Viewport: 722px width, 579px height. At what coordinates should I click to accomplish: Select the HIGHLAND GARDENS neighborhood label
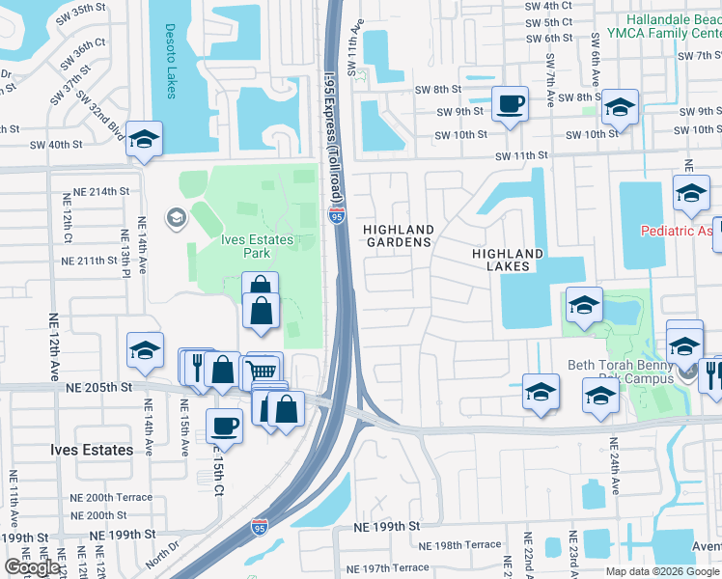397,235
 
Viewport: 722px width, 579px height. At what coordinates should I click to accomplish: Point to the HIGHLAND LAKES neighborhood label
507,260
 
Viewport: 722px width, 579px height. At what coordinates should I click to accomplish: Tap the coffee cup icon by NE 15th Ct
225,426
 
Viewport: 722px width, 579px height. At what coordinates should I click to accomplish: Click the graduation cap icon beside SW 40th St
144,140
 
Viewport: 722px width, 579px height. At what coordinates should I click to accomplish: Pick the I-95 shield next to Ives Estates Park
336,217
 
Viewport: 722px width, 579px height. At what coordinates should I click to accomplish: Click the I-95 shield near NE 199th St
259,526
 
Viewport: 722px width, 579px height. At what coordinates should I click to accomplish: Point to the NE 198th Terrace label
468,545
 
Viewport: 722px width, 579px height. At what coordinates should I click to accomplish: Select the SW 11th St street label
521,154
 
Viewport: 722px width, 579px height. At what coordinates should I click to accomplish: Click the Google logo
32,567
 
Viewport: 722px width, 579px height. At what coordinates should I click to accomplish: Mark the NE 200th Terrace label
111,497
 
